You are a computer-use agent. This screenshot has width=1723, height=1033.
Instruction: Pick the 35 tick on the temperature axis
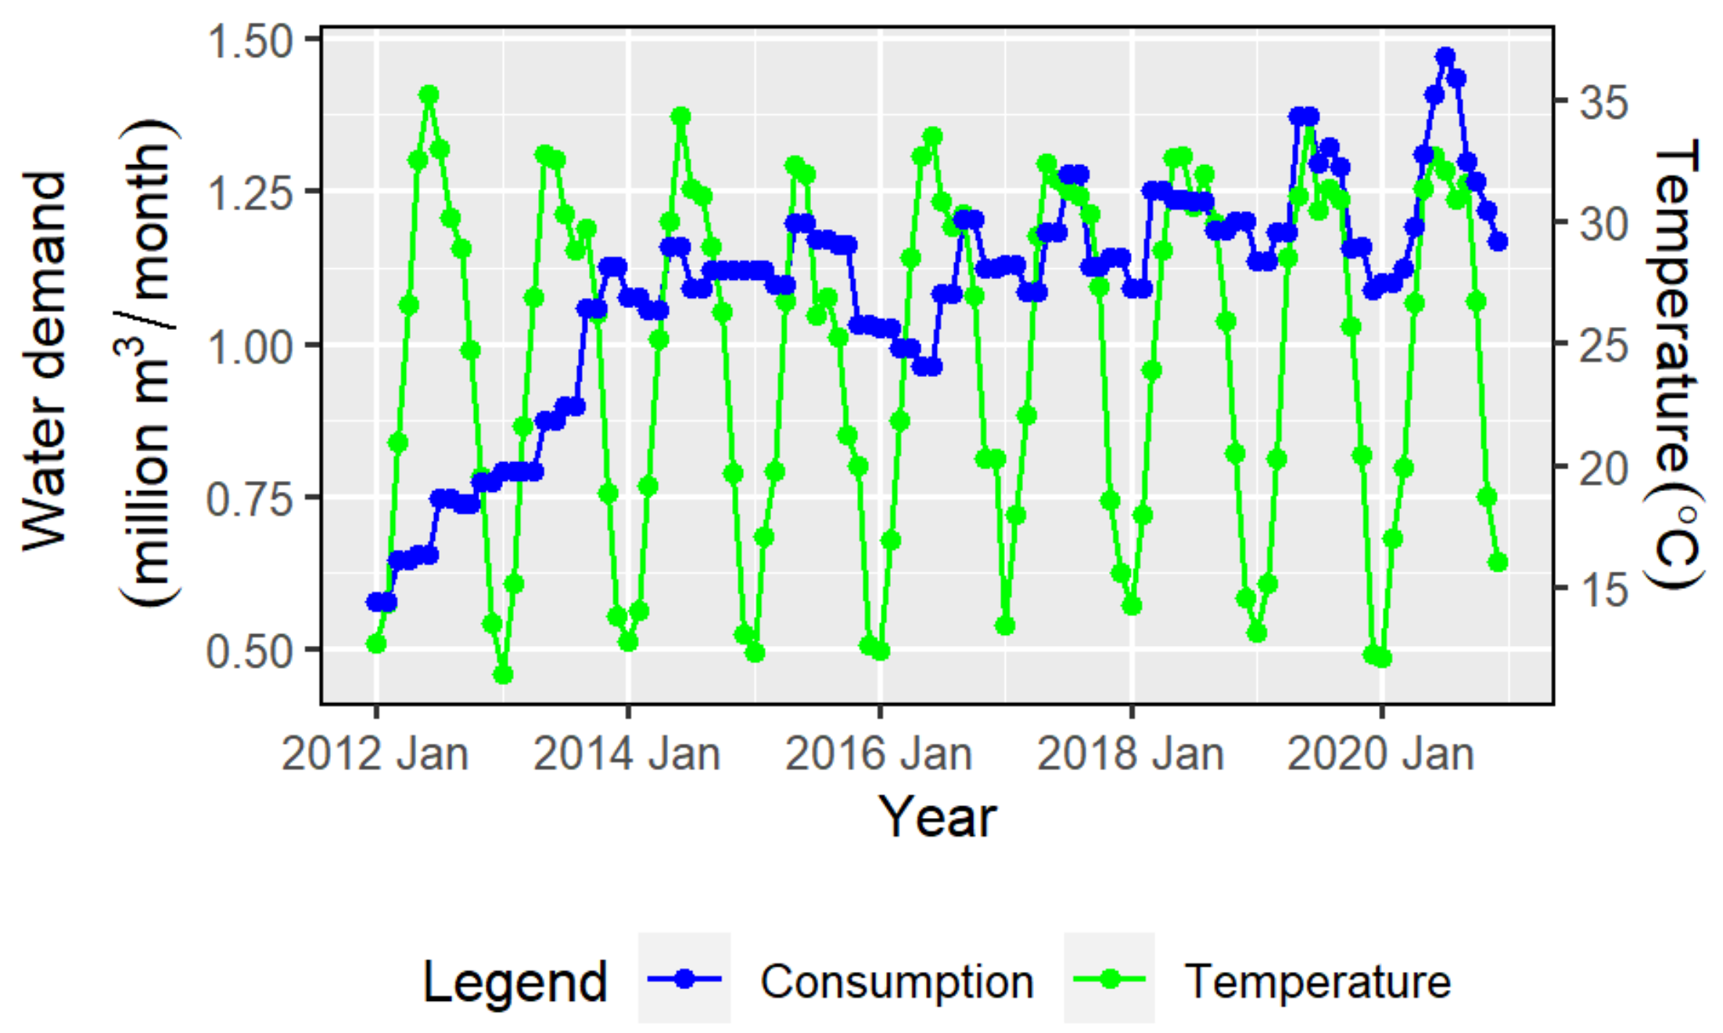pos(1603,102)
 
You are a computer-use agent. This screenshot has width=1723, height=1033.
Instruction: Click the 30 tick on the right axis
pos(1603,224)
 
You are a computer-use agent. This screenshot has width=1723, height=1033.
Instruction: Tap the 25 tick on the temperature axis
pos(1603,345)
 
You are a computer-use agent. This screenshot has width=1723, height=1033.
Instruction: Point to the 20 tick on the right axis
pos(1603,468)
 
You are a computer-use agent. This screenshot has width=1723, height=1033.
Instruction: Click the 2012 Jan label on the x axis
pos(375,754)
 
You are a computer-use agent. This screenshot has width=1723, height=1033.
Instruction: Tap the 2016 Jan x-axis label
pos(878,754)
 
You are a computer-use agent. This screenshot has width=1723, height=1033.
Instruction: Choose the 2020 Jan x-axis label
pos(1380,754)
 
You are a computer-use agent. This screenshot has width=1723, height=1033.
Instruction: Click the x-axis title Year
pos(937,817)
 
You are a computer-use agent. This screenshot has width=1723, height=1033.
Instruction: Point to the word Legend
pos(515,981)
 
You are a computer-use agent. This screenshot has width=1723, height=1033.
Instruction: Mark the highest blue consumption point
pos(1445,57)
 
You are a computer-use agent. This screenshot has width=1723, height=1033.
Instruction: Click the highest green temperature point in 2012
pos(429,95)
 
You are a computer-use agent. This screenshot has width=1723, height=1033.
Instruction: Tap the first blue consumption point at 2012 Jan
pos(376,602)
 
